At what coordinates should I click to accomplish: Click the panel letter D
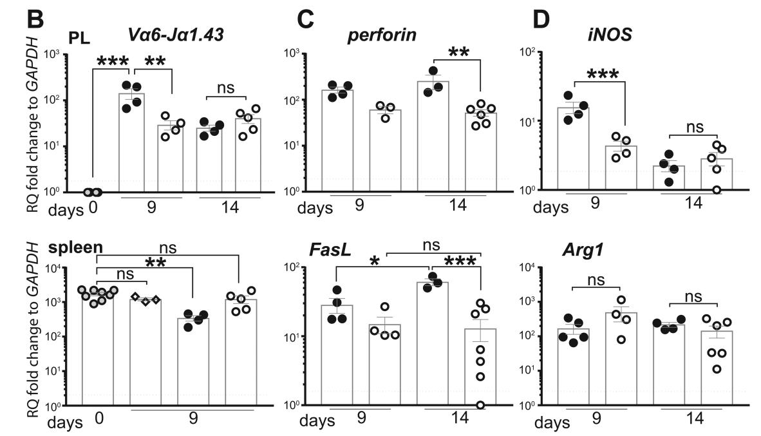pyautogui.click(x=543, y=17)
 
